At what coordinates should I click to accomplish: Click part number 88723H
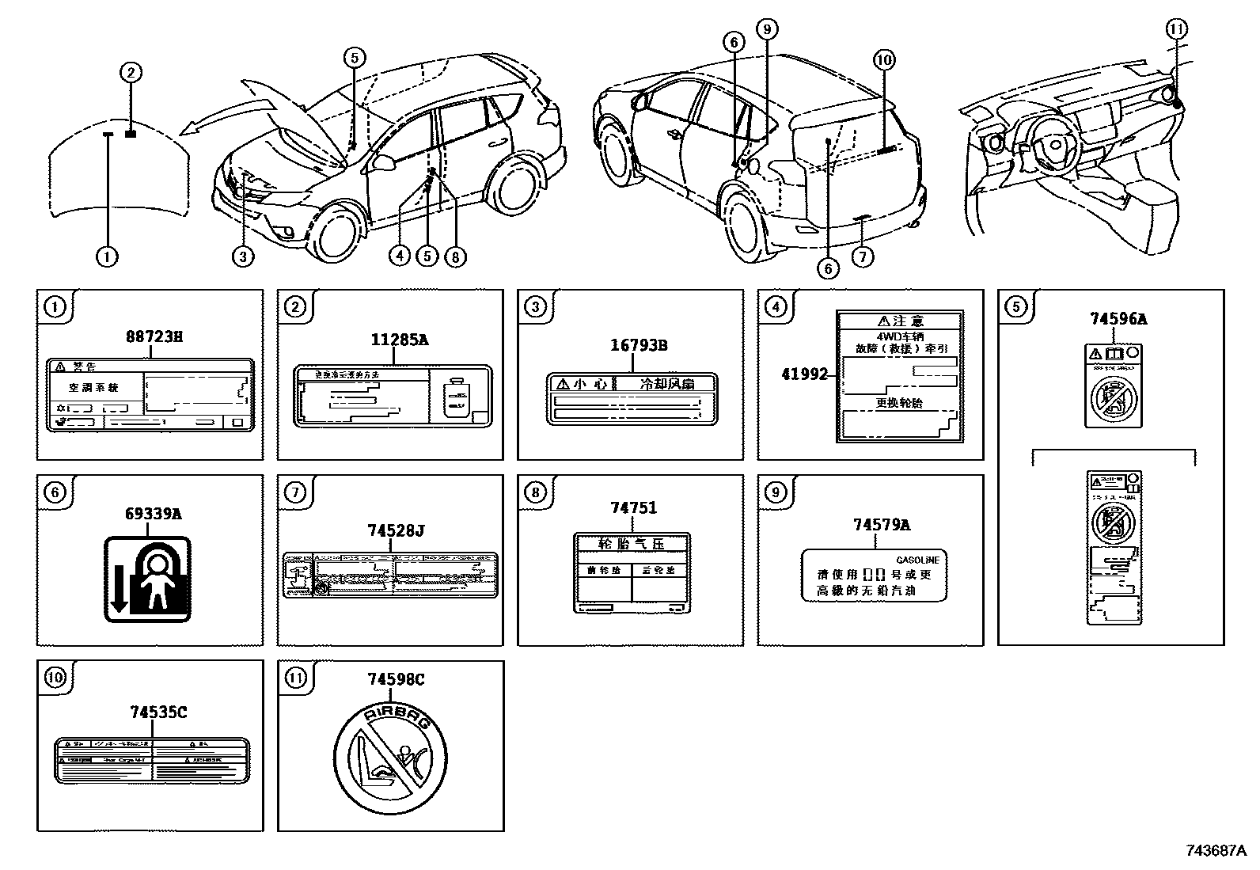click(154, 336)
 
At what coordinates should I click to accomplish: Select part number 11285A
click(400, 340)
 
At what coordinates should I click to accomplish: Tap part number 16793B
click(639, 345)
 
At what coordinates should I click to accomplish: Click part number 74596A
click(1118, 319)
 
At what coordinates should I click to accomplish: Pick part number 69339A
click(154, 514)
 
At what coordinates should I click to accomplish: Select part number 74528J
click(395, 531)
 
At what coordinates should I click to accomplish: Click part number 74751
click(633, 507)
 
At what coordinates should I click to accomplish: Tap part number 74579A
click(881, 524)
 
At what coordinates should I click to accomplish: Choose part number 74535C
click(158, 712)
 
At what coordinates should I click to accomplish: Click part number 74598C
click(396, 679)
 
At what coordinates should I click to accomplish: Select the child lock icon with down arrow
click(148, 579)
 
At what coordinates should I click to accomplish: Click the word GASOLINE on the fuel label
click(917, 560)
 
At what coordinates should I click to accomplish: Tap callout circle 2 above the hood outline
click(131, 74)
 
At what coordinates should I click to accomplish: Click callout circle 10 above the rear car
click(885, 59)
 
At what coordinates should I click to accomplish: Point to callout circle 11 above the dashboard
click(1176, 29)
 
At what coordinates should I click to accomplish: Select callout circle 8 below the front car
click(453, 256)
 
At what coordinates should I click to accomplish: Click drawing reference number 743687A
click(1217, 851)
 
